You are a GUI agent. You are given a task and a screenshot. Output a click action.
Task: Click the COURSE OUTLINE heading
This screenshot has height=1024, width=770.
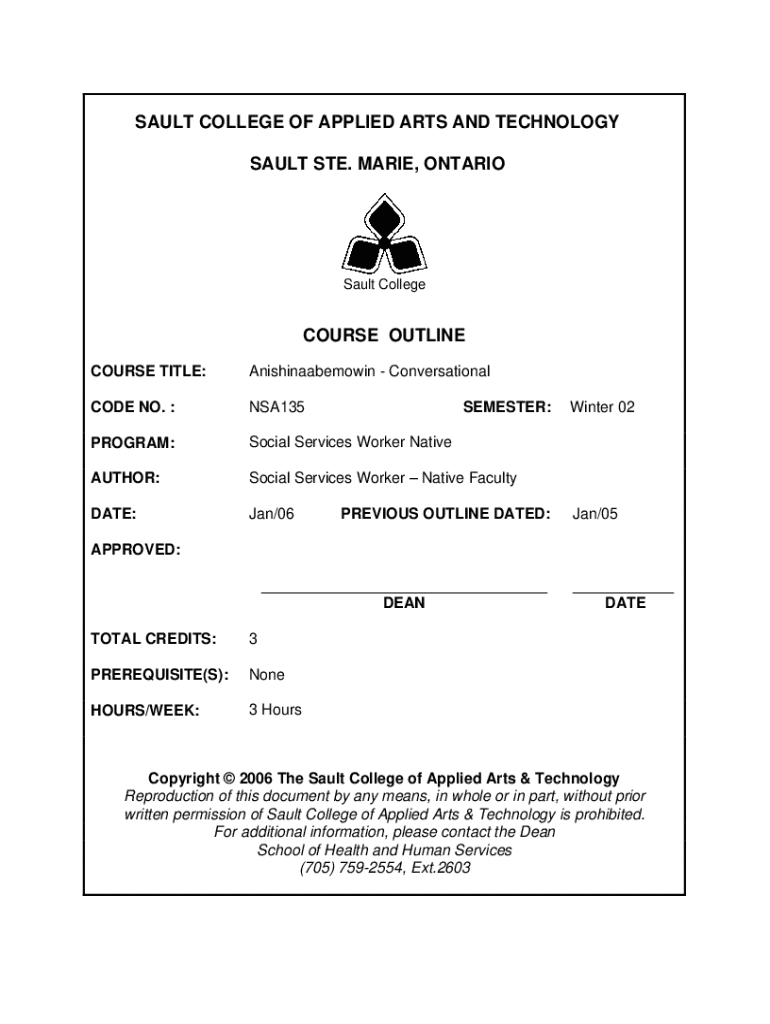click(384, 336)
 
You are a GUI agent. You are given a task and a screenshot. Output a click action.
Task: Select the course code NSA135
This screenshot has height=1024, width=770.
click(277, 407)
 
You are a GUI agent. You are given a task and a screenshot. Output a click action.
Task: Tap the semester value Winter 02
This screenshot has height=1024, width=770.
click(602, 407)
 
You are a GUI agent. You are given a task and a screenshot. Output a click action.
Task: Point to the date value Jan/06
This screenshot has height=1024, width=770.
click(272, 514)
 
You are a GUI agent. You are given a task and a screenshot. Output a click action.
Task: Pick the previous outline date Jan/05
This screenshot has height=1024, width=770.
click(595, 514)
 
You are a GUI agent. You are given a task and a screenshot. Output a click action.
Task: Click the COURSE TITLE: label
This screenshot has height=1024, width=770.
click(148, 372)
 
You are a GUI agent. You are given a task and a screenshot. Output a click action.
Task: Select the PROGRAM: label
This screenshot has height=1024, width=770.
click(133, 442)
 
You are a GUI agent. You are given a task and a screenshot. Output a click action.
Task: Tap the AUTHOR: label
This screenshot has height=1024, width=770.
click(125, 478)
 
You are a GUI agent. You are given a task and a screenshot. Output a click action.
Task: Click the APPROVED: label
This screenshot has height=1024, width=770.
click(136, 549)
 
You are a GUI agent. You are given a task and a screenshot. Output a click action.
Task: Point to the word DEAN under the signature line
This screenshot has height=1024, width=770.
click(404, 603)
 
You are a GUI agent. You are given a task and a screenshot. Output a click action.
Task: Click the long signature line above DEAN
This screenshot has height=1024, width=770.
click(404, 593)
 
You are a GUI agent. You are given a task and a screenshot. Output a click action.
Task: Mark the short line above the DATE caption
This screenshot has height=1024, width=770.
click(623, 593)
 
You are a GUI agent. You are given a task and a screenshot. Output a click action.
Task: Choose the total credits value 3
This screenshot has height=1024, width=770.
click(254, 639)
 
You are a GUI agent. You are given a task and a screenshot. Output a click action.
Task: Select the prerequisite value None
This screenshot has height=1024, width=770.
click(267, 675)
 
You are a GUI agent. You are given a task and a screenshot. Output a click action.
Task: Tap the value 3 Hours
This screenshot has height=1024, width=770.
click(275, 710)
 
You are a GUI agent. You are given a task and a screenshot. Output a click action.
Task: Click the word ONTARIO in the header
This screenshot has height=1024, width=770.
click(463, 162)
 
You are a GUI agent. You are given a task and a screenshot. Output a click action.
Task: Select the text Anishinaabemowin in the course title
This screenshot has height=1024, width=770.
click(312, 372)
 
